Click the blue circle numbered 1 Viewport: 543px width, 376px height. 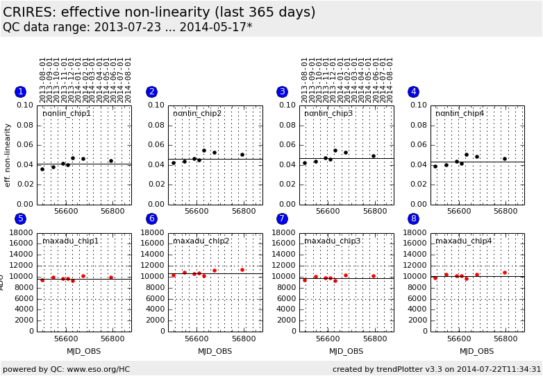click(21, 92)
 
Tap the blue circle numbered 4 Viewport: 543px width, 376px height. click(413, 92)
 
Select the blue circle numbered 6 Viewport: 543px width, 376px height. click(151, 219)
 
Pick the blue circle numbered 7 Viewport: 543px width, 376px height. click(282, 219)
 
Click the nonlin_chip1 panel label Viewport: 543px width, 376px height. click(67, 113)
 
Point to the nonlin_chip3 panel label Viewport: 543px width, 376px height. click(328, 113)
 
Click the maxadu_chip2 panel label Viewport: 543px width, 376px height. click(201, 241)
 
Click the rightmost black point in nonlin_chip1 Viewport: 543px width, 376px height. click(110, 161)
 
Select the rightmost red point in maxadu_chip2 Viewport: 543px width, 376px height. click(242, 270)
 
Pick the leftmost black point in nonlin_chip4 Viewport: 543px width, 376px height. click(435, 166)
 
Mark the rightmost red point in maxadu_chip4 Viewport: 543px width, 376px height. click(505, 273)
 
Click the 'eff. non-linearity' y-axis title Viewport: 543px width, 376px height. click(8, 155)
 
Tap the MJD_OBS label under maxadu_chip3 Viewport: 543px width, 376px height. click(346, 351)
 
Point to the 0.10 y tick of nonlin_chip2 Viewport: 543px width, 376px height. click(156, 105)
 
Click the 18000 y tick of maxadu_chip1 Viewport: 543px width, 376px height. click(21, 233)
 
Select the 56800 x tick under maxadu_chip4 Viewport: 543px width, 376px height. click(506, 339)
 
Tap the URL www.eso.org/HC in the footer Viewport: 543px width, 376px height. click(97, 369)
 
